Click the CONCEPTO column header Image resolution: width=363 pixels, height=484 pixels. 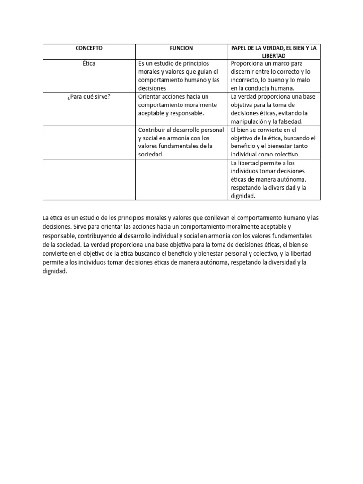[x=89, y=48]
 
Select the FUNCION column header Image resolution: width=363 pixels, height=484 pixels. [x=181, y=48]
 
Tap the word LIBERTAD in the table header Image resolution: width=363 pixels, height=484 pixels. [x=274, y=56]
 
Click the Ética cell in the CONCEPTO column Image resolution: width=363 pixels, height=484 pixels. [x=89, y=63]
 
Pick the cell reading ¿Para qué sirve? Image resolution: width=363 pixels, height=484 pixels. [x=89, y=97]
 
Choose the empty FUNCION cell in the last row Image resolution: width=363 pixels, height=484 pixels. [x=181, y=179]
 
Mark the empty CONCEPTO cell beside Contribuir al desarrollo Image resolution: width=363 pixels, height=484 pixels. [x=89, y=142]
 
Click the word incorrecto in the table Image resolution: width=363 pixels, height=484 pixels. [x=247, y=80]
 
